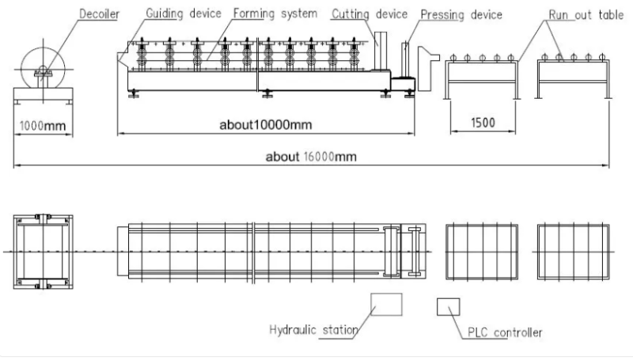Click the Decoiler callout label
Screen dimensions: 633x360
(x=99, y=13)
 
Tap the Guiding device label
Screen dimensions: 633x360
(x=184, y=13)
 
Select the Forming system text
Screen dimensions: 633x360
(x=275, y=13)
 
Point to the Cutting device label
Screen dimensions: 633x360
(x=370, y=14)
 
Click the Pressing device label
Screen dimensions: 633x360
(x=461, y=15)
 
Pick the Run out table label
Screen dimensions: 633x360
(x=586, y=15)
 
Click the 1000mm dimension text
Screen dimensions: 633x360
(x=43, y=126)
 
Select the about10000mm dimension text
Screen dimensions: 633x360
(x=266, y=124)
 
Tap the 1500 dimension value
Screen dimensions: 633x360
(x=483, y=123)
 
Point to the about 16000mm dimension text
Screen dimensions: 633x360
(x=311, y=156)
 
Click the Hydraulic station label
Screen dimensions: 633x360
(x=313, y=330)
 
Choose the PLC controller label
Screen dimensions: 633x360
(x=505, y=332)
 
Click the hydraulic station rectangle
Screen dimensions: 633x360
(x=386, y=305)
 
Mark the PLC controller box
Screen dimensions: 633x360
(x=448, y=307)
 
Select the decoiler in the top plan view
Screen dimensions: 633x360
(x=44, y=252)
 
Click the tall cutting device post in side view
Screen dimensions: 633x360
(x=381, y=51)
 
